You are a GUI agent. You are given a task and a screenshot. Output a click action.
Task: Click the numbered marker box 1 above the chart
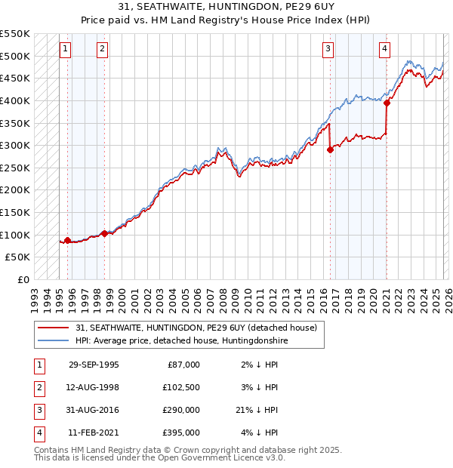tap(66, 50)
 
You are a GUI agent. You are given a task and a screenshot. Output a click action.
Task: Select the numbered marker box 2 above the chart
tap(102, 50)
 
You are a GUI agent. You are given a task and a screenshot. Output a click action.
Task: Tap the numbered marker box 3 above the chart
tap(328, 50)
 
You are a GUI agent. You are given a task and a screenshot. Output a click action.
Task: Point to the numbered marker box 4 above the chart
tap(384, 50)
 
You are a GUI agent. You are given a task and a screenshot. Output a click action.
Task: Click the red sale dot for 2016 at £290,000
tap(330, 150)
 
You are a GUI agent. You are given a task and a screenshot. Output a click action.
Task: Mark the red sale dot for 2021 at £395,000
tap(386, 103)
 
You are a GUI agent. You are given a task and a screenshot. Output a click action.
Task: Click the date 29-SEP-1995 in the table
tap(94, 365)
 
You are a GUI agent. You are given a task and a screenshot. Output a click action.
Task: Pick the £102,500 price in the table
tap(181, 387)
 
